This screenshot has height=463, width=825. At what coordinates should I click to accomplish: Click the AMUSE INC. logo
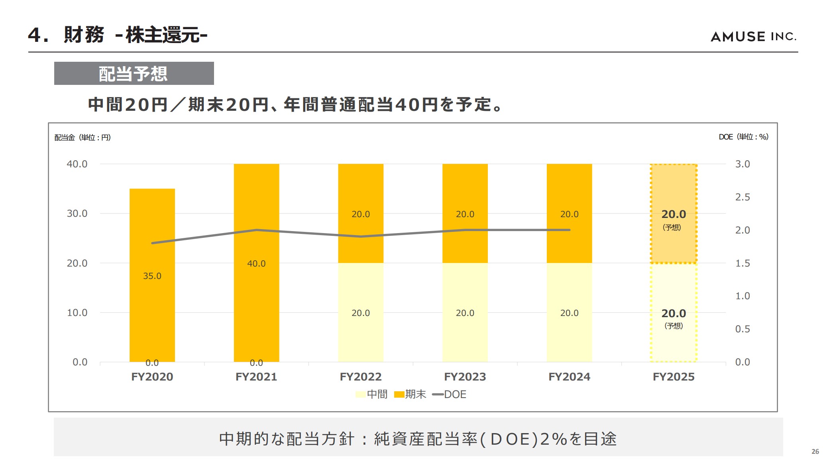tap(753, 37)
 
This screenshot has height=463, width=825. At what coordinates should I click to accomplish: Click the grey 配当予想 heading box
tap(134, 73)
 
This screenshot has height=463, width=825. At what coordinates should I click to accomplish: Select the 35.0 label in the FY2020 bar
tap(152, 276)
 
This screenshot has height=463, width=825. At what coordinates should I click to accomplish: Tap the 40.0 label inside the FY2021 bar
tap(256, 263)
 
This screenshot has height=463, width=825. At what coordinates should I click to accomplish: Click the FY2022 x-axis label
tap(361, 377)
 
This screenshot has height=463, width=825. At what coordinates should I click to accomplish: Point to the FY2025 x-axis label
tap(674, 377)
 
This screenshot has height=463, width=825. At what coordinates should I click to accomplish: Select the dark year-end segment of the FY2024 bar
tap(569, 191)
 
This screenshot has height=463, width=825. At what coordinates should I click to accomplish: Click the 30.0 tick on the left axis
tap(77, 214)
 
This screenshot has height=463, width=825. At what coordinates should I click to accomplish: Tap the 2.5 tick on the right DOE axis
tap(742, 197)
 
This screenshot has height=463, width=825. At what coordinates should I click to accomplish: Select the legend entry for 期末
tap(411, 394)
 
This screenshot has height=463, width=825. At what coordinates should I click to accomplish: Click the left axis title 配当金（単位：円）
tap(82, 137)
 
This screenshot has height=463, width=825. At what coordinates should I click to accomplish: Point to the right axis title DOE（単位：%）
tap(743, 137)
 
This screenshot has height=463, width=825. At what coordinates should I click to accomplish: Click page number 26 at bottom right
tap(815, 451)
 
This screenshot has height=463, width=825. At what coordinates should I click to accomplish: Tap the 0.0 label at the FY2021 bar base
tap(256, 363)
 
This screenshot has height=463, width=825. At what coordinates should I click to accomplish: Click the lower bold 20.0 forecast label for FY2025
tap(674, 313)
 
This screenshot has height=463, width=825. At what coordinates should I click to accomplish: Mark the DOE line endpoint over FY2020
tap(153, 243)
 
